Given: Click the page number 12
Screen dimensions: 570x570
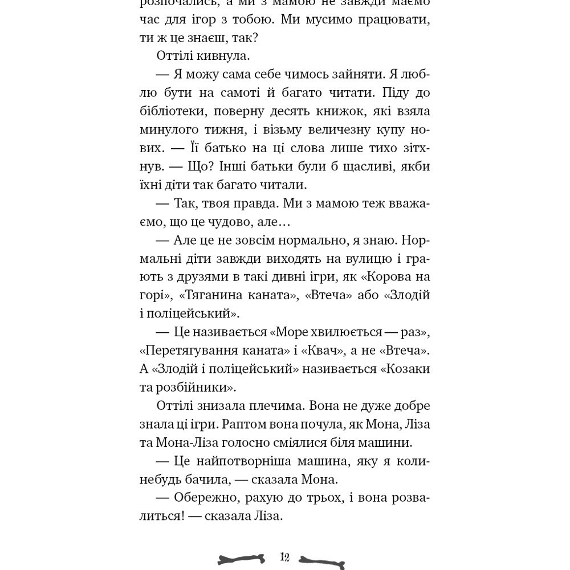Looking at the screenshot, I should (x=285, y=557).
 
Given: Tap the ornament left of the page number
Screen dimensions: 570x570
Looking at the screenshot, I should (x=242, y=559).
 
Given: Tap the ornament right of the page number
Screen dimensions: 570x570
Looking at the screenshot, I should (x=322, y=561).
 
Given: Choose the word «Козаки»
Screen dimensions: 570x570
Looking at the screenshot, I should (x=405, y=369).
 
